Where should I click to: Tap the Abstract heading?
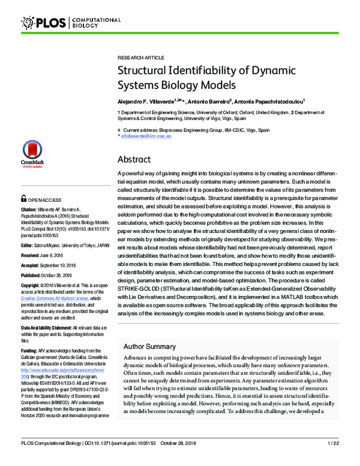[x=134, y=160]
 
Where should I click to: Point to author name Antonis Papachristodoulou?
[x=271, y=101]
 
